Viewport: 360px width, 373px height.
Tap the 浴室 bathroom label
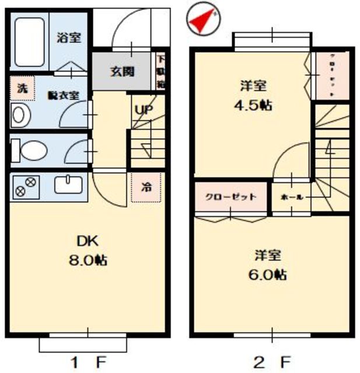[x=68, y=38]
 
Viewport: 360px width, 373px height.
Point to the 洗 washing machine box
[x=22, y=89]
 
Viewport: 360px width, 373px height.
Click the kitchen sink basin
[x=69, y=185]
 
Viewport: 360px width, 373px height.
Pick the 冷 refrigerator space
[x=146, y=188]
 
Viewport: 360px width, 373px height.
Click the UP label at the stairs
[x=142, y=109]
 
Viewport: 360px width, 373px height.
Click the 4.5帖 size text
[x=253, y=105]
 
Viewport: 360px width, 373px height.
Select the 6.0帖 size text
[x=268, y=274]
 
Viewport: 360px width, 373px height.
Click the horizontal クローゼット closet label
[x=230, y=196]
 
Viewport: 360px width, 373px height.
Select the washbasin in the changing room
[x=19, y=115]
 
